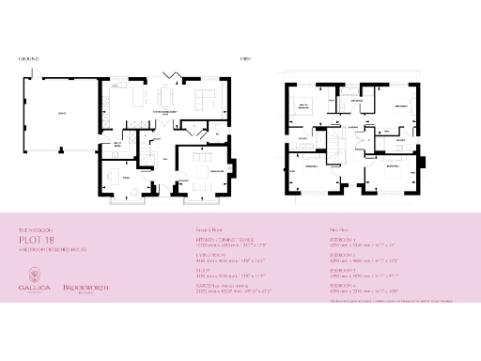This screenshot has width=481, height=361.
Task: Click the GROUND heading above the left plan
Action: [x=27, y=58]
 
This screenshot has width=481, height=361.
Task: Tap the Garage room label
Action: [x=62, y=112]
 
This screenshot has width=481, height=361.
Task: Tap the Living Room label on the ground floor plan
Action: [x=217, y=172]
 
